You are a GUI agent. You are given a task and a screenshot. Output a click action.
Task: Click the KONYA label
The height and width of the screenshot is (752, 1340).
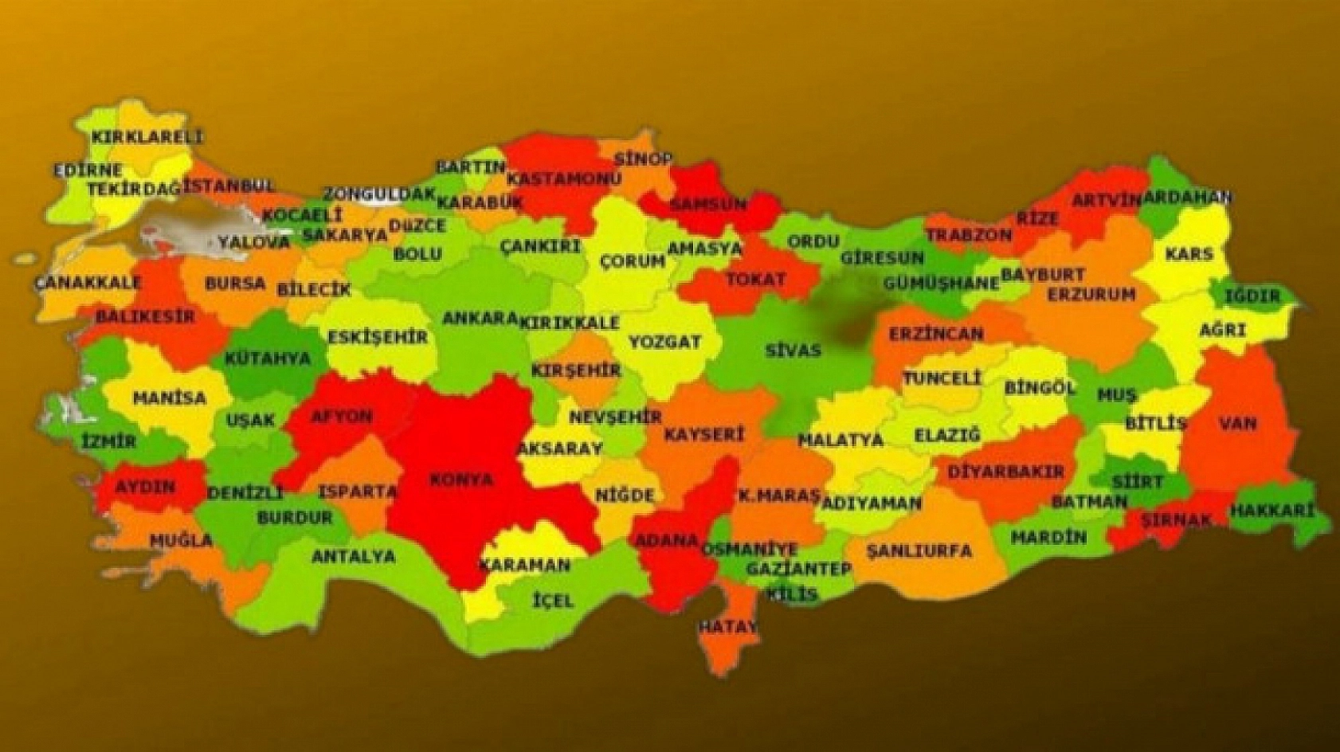pyautogui.click(x=461, y=480)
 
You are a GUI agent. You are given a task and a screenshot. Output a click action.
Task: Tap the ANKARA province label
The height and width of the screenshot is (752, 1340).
pyautogui.click(x=480, y=318)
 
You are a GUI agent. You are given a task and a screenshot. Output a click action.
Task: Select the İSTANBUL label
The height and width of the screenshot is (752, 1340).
pyautogui.click(x=229, y=186)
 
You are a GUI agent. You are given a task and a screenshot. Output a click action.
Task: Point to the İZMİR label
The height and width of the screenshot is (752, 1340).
pyautogui.click(x=108, y=441)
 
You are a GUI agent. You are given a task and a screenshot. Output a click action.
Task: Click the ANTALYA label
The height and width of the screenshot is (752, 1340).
pyautogui.click(x=353, y=556)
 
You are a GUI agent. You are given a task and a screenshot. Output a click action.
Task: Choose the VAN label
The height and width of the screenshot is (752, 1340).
pyautogui.click(x=1237, y=423)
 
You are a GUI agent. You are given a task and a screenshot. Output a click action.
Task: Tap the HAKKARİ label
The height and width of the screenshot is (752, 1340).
pyautogui.click(x=1271, y=511)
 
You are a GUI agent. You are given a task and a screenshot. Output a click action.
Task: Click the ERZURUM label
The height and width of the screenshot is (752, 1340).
pyautogui.click(x=1091, y=294)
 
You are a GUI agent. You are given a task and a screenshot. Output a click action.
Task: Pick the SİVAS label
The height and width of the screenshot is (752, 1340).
pyautogui.click(x=792, y=350)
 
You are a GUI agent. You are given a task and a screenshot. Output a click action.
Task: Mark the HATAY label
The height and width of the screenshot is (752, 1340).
pyautogui.click(x=727, y=627)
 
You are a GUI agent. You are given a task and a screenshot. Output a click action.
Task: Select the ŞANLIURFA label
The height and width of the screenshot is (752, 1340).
pyautogui.click(x=919, y=550)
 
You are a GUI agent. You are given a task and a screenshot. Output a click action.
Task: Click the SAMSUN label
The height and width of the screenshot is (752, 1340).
pyautogui.click(x=707, y=204)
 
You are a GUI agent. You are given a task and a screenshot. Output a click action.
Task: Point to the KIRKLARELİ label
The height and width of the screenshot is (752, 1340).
pyautogui.click(x=147, y=136)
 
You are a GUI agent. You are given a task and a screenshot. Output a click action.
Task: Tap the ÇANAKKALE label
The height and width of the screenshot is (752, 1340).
pyautogui.click(x=88, y=282)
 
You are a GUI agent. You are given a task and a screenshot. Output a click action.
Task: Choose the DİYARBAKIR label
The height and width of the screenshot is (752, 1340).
pyautogui.click(x=1005, y=472)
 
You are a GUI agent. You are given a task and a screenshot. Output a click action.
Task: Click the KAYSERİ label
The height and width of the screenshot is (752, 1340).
pyautogui.click(x=703, y=434)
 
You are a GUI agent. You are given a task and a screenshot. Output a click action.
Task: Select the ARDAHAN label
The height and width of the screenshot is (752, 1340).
pyautogui.click(x=1186, y=197)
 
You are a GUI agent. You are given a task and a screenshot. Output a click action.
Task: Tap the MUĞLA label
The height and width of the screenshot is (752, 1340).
pyautogui.click(x=181, y=540)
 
